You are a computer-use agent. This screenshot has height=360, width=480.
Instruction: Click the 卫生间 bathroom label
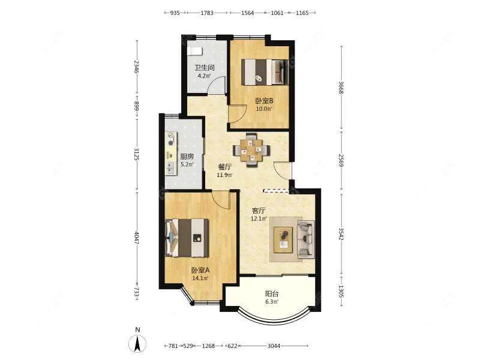pyautogui.click(x=205, y=68)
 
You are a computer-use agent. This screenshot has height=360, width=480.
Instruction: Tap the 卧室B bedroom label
pyautogui.click(x=264, y=101)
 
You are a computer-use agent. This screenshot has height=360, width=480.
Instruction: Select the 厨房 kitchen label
pyautogui.click(x=187, y=157)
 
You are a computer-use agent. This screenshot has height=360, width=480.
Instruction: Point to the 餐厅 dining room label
pyautogui.click(x=224, y=167)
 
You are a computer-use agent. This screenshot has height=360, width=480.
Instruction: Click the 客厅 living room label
pyautogui.click(x=259, y=211)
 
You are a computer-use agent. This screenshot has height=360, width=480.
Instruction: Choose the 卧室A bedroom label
pyautogui.click(x=200, y=271)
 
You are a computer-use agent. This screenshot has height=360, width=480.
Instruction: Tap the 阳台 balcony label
pyautogui.click(x=272, y=294)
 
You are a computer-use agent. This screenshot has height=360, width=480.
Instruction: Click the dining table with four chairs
pyautogui.click(x=251, y=149)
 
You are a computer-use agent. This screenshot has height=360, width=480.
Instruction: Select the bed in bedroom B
pyautogui.click(x=265, y=71)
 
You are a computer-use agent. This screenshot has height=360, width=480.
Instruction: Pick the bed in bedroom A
pyautogui.click(x=187, y=238)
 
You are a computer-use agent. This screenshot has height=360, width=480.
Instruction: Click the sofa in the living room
pyautogui.click(x=306, y=238)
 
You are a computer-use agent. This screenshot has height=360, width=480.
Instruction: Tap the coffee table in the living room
pyautogui.click(x=283, y=239)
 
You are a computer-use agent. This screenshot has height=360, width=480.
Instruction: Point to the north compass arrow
pyautogui.click(x=138, y=343)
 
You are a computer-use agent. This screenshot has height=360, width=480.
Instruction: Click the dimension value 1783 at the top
pyautogui.click(x=207, y=13)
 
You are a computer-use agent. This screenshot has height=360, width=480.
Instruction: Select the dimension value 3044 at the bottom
pyautogui.click(x=274, y=346)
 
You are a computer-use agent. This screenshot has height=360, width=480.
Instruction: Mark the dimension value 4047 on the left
pyautogui.click(x=137, y=238)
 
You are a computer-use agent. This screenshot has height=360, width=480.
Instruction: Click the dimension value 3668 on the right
pyautogui.click(x=341, y=88)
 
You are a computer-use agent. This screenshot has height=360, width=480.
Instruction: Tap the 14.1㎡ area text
pyautogui.click(x=200, y=278)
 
